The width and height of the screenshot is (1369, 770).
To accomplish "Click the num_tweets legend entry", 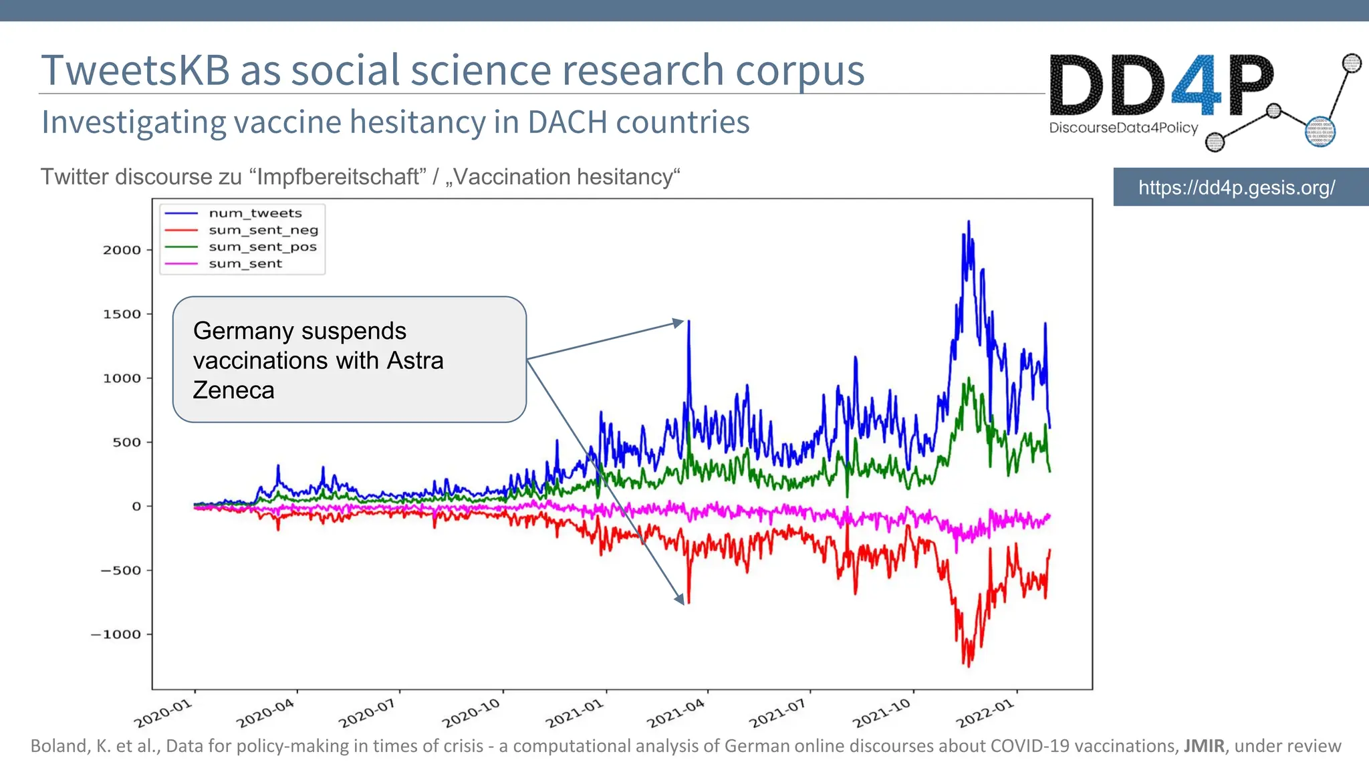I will point(255,213).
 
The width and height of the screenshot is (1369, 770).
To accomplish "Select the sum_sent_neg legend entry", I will point(263,230).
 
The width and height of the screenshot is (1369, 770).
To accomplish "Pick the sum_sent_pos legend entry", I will point(262,247).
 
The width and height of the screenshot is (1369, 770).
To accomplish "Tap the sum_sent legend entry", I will point(245,263).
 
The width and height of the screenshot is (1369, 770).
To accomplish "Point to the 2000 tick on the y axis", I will point(122,250).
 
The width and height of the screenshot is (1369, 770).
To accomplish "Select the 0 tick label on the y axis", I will point(136,506).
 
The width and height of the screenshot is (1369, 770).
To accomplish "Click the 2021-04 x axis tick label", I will point(676,713).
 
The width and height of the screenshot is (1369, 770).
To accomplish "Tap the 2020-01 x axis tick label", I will point(163,713).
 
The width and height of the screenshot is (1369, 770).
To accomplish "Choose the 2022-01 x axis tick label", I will point(985,713).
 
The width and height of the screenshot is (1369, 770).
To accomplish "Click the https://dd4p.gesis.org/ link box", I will point(1237,187).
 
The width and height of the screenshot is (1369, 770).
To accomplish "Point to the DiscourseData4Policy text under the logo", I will point(1123,128).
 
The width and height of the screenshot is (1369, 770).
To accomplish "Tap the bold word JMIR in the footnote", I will point(1204,746).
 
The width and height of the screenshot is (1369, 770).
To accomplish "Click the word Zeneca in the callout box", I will point(233,390).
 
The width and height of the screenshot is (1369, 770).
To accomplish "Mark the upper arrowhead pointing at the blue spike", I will point(680,323).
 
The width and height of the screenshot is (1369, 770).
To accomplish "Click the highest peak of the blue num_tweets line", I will point(969,223).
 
